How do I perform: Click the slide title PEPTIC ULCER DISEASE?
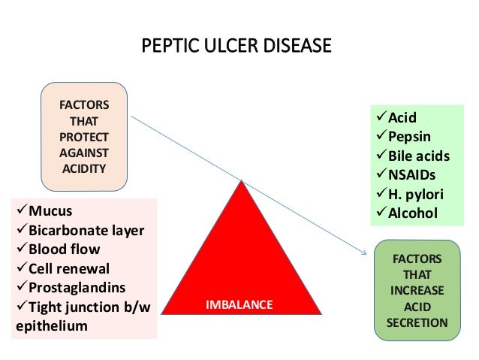(x=236, y=47)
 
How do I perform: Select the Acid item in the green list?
(x=402, y=117)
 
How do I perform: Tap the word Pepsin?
(x=409, y=137)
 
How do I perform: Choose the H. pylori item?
(x=415, y=195)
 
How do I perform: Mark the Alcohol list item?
(x=412, y=213)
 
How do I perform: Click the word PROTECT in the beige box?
(x=84, y=136)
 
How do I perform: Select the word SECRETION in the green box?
(x=417, y=322)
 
